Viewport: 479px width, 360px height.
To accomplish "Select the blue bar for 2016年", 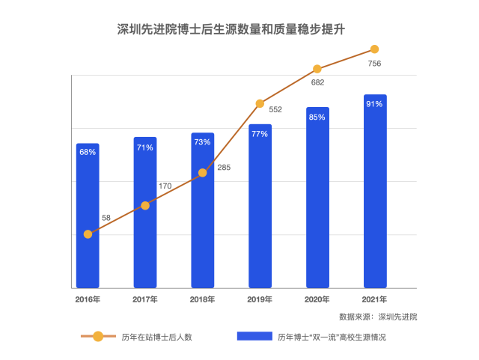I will click(x=88, y=217).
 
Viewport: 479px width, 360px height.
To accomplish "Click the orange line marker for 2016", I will click(x=88, y=234).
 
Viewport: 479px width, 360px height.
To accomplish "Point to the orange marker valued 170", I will click(x=145, y=205).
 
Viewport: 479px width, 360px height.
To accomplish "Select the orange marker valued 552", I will click(x=260, y=103).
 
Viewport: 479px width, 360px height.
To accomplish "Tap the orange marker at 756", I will click(x=375, y=50).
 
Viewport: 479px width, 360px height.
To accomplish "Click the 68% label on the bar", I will click(x=88, y=152).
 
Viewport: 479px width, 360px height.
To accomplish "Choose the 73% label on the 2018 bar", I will click(x=202, y=142).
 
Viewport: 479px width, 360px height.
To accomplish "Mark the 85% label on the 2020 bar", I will click(x=317, y=117).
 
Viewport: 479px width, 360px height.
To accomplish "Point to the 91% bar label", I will click(x=375, y=104).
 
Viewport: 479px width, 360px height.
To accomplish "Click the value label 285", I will click(x=224, y=168).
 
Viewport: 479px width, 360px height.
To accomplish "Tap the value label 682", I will click(x=317, y=82).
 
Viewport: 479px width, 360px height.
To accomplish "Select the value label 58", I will click(x=106, y=218).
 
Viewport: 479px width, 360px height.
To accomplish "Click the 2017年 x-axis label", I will click(x=145, y=299).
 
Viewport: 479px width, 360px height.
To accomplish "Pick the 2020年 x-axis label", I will click(x=317, y=299).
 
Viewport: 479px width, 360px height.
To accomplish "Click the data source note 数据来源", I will click(x=378, y=317).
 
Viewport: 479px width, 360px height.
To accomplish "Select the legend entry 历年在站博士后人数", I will click(x=157, y=337).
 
